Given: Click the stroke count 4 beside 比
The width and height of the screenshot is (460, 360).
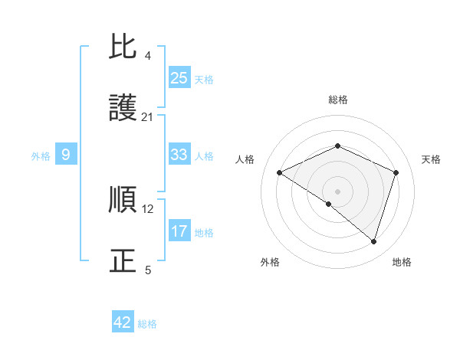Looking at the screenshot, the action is click(148, 56).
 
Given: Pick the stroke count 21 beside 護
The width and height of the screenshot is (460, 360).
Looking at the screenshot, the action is click(148, 116).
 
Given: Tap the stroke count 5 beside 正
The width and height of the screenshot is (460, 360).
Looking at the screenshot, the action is click(148, 270).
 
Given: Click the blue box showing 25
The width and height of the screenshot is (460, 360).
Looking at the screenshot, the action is click(179, 78).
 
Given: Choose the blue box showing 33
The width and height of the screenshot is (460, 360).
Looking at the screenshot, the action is click(179, 155).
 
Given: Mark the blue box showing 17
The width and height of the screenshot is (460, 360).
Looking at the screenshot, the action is click(179, 231).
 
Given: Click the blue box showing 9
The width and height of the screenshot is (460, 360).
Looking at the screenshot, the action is click(66, 155).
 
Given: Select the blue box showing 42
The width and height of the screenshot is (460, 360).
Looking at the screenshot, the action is click(123, 322).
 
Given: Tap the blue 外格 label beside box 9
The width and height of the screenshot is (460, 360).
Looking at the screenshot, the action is click(41, 156).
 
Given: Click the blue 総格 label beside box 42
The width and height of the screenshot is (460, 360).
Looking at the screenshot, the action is click(147, 324).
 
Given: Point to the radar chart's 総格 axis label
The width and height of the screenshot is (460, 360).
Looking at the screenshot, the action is click(338, 100).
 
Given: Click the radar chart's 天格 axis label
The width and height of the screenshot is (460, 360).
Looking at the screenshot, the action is click(431, 159).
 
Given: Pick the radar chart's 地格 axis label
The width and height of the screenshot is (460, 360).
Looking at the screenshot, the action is click(402, 262).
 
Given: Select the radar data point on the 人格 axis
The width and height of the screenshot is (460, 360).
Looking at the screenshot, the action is click(280, 173).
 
